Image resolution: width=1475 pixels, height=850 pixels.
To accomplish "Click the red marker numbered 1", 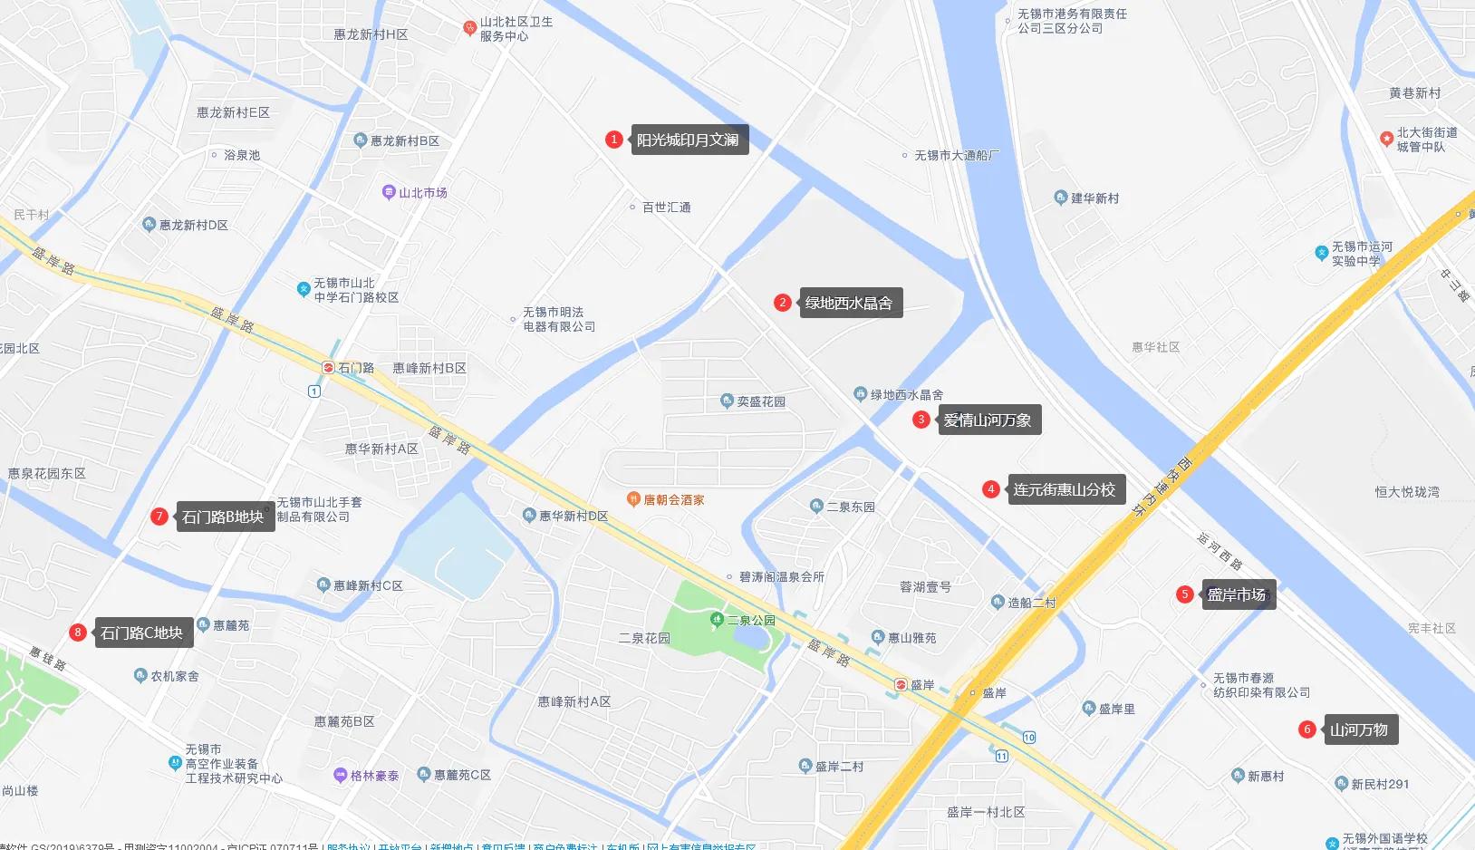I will [614, 140].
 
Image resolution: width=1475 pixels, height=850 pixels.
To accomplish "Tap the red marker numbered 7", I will [159, 517].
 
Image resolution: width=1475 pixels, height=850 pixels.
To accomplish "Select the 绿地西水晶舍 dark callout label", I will [849, 303].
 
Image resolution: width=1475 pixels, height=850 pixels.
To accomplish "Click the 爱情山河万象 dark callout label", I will [988, 420].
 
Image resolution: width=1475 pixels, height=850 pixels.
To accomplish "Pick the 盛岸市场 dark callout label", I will [1237, 594].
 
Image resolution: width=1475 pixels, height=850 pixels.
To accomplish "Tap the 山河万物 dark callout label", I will [1359, 729].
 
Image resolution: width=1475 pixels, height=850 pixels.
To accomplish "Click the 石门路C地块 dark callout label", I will [141, 633].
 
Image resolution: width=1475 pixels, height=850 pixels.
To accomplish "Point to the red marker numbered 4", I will [991, 489].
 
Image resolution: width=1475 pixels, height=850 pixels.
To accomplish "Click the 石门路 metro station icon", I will [328, 368].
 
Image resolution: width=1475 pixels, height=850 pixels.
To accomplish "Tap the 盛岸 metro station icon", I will [901, 685].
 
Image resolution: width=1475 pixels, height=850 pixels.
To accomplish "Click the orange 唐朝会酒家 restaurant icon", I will [634, 499].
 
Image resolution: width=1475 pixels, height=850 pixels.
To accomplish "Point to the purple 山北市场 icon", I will [389, 192].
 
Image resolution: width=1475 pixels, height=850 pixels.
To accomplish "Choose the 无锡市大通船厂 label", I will [957, 156].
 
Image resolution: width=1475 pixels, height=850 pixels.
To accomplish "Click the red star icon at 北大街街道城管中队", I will [1386, 139].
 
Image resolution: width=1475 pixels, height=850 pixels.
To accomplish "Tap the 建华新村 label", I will [1094, 198].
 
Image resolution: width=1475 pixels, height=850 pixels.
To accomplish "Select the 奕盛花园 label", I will [761, 401].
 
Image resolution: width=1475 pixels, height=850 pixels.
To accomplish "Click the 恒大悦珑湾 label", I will [1407, 492].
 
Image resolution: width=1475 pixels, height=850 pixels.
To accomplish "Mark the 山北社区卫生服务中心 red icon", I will [469, 28].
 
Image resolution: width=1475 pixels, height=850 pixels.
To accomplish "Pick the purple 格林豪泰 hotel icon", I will [341, 776].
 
